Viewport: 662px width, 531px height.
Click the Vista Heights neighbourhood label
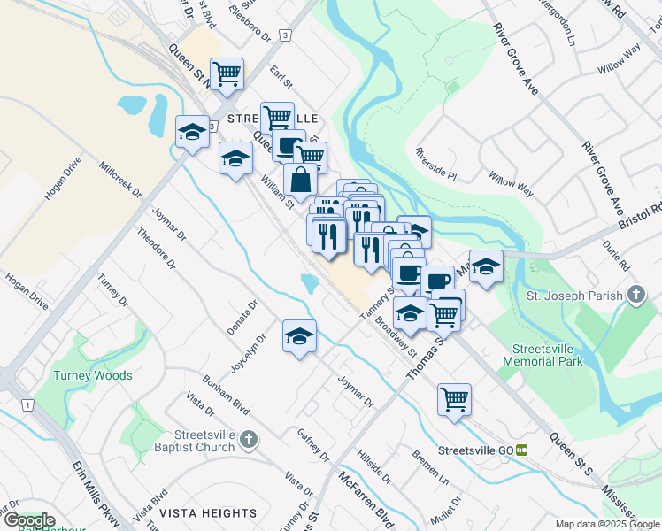208,513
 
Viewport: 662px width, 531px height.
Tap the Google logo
28,520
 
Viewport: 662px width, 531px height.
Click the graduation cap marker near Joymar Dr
300,335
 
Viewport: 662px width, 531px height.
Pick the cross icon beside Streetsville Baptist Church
250,439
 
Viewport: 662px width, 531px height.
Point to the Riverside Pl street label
435,164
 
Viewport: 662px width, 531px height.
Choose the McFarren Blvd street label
366,497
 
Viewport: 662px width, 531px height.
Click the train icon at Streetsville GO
522,450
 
